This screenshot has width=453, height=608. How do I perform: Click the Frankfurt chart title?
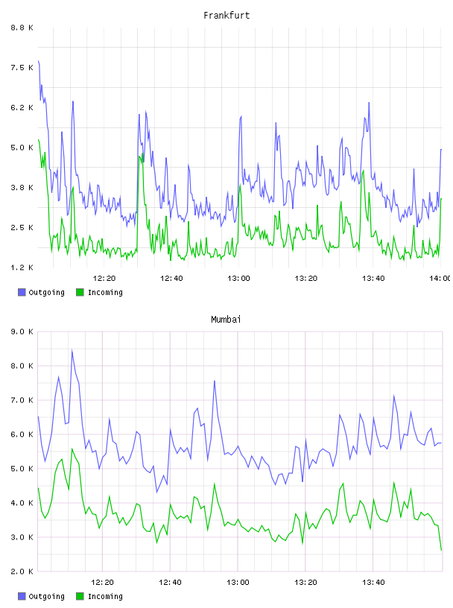[226, 16]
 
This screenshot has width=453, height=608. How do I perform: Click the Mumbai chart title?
[226, 320]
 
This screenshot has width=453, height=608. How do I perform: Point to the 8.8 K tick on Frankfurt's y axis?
[22, 28]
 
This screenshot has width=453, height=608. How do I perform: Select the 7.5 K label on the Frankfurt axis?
[22, 68]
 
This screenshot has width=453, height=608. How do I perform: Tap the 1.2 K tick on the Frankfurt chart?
[22, 267]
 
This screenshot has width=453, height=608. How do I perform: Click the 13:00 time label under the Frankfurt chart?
[238, 279]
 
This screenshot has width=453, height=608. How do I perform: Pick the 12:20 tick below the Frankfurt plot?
[104, 279]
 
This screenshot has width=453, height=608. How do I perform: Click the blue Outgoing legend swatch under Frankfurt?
[22, 292]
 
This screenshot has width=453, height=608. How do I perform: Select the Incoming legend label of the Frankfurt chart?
[105, 293]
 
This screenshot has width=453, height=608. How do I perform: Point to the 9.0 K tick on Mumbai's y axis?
[22, 332]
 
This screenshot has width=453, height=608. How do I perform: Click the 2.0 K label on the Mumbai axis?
[22, 571]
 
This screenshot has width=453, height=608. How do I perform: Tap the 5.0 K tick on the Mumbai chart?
[22, 469]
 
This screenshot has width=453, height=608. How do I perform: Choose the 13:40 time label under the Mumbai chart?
[373, 583]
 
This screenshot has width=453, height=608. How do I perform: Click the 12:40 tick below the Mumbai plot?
[170, 583]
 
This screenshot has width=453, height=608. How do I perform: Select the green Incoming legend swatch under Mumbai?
[80, 596]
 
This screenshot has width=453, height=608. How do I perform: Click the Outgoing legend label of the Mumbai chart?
[46, 597]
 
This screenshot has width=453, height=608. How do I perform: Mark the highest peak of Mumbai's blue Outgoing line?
[72, 350]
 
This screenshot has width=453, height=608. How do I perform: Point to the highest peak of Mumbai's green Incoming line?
[72, 449]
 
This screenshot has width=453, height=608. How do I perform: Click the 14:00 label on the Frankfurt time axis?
[440, 279]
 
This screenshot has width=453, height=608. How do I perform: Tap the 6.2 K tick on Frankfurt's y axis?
[22, 108]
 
